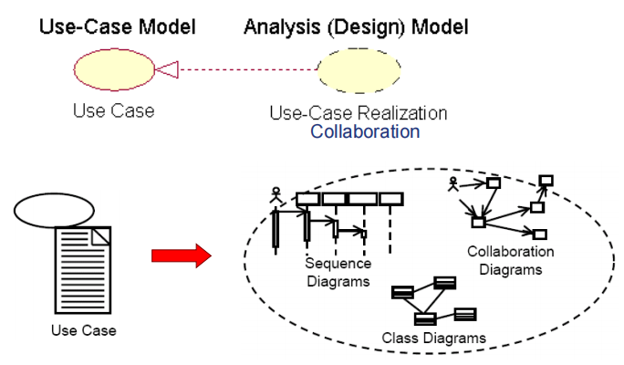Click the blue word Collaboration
(365, 131)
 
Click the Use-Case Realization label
(358, 113)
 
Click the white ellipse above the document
(53, 210)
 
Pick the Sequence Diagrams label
(338, 273)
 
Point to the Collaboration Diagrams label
(510, 260)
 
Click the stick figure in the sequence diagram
(276, 195)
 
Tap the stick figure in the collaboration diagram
(452, 184)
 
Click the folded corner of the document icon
(102, 235)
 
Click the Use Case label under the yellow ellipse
(113, 111)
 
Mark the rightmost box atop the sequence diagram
(390, 199)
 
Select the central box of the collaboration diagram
(477, 221)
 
